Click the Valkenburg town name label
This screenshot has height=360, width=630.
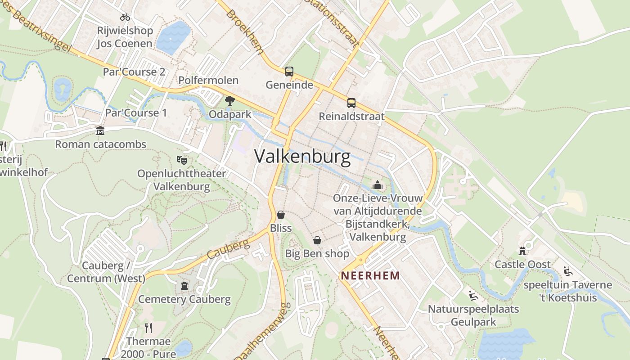tap(302, 156)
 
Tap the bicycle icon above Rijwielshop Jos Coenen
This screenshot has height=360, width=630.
tap(125, 17)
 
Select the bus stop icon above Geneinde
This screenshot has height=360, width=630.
tap(289, 71)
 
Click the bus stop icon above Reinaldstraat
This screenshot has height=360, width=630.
tap(351, 103)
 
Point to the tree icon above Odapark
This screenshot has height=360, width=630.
tap(230, 100)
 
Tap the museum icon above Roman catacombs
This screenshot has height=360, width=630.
tap(100, 130)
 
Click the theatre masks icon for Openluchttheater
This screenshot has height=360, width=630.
tap(182, 159)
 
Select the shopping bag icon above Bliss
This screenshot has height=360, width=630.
tap(281, 215)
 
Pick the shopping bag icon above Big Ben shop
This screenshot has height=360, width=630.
tap(317, 240)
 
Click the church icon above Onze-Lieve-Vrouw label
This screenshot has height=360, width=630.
tap(377, 184)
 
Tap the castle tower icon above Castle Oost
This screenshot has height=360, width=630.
tap(522, 251)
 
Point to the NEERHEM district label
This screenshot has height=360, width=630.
tap(370, 275)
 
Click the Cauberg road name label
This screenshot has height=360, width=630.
tap(228, 249)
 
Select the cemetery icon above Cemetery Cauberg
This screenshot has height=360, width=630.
tap(184, 285)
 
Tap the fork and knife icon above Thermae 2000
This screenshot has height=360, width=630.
tap(148, 328)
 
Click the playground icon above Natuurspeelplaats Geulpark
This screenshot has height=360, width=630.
tap(473, 296)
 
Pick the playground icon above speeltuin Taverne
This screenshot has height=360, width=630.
tap(568, 271)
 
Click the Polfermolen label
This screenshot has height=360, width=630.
tap(208, 81)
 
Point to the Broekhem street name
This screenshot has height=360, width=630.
tap(245, 32)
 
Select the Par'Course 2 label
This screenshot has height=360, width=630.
tap(134, 72)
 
